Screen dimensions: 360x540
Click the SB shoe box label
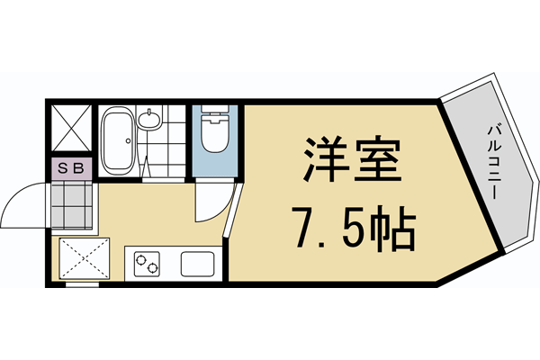[71, 168]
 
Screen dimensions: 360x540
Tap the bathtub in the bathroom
[117, 139]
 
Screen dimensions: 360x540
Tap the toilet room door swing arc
[210, 202]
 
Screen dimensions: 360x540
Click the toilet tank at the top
[215, 113]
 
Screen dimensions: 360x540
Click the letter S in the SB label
[65, 168]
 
